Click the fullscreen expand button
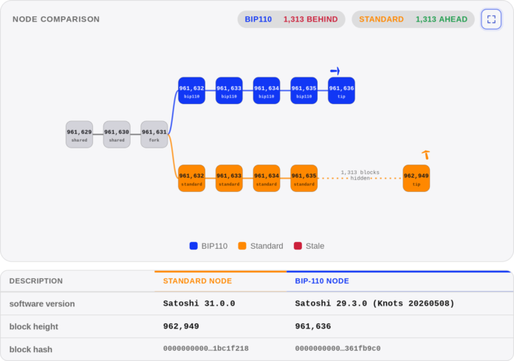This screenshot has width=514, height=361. pyautogui.click(x=491, y=19)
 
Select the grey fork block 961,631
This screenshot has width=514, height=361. pyautogui.click(x=154, y=134)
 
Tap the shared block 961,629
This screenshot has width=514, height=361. pyautogui.click(x=79, y=134)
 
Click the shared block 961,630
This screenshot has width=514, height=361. pyautogui.click(x=117, y=134)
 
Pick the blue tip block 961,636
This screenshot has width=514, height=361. pyautogui.click(x=341, y=91)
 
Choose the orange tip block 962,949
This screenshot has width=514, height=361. pyautogui.click(x=417, y=178)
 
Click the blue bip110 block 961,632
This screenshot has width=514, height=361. pyautogui.click(x=192, y=91)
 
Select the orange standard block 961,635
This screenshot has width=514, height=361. pyautogui.click(x=304, y=178)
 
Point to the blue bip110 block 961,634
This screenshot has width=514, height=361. pyautogui.click(x=267, y=91)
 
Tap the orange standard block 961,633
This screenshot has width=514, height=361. pyautogui.click(x=229, y=178)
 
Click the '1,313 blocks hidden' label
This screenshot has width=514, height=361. pyautogui.click(x=360, y=175)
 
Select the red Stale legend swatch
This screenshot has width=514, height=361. pyautogui.click(x=298, y=246)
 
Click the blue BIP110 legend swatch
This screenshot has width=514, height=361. pyautogui.click(x=193, y=246)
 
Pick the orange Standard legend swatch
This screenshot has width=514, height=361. pyautogui.click(x=242, y=246)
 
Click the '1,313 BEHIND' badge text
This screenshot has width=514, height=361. pyautogui.click(x=310, y=19)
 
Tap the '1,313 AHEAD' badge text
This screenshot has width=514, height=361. pyautogui.click(x=442, y=19)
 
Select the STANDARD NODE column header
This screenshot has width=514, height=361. pyautogui.click(x=197, y=281)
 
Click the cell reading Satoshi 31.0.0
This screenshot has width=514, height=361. pyautogui.click(x=199, y=303)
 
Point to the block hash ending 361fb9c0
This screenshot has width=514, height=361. pyautogui.click(x=337, y=348)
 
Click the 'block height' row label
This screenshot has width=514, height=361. pyautogui.click(x=34, y=326)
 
